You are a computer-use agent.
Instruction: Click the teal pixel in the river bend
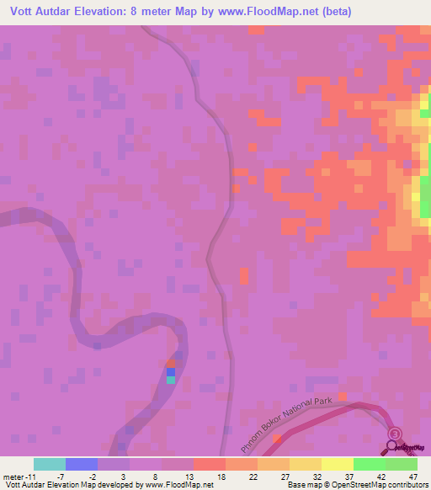click(171, 380)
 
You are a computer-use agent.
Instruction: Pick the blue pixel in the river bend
click(171, 371)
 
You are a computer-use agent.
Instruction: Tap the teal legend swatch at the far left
click(50, 464)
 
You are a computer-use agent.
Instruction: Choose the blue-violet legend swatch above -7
click(82, 464)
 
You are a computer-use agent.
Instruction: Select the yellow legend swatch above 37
click(337, 464)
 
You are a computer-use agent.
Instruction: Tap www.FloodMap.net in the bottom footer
click(178, 485)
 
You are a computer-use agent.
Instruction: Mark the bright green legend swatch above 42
click(369, 464)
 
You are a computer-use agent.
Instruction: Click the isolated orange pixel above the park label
click(341, 396)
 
